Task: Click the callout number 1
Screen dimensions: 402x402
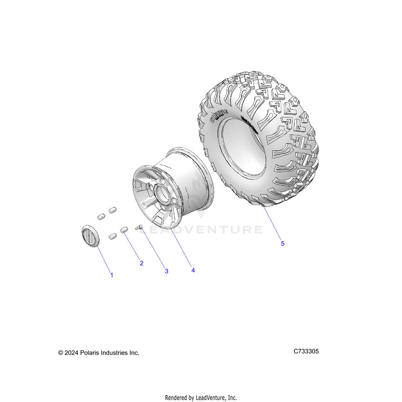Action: (112, 275)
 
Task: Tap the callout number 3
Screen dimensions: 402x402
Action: (166, 271)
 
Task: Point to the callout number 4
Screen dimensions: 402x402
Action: (193, 270)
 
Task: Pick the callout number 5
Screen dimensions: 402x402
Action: (282, 243)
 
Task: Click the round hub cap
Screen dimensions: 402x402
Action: (89, 235)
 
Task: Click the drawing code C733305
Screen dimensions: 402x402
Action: (306, 352)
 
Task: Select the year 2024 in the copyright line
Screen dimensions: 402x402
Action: (71, 353)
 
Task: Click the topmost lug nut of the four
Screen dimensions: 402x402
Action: (113, 210)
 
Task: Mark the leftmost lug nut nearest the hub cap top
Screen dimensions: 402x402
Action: (101, 216)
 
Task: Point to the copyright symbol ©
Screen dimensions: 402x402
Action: (60, 353)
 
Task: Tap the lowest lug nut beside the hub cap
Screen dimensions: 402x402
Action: (113, 236)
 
